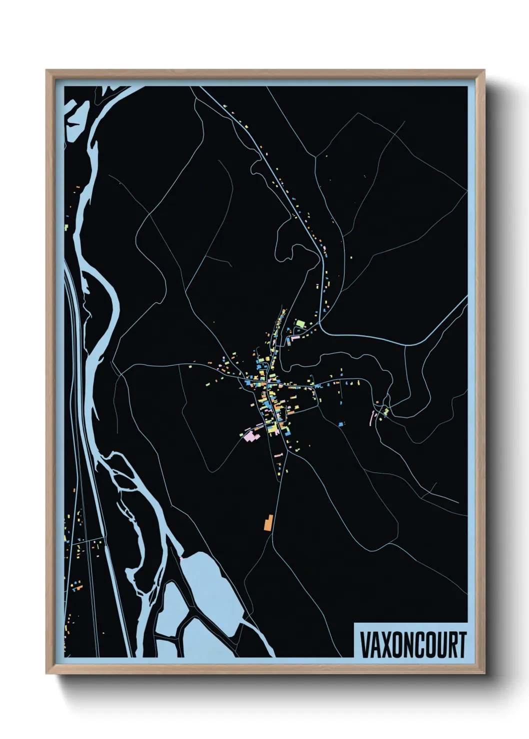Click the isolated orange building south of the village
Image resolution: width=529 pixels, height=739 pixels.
pos(267,523)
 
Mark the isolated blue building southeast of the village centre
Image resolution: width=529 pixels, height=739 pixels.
pos(341,424)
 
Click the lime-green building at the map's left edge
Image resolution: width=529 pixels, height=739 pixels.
pos(66,228)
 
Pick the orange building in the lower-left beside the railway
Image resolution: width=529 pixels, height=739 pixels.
pos(77,589)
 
